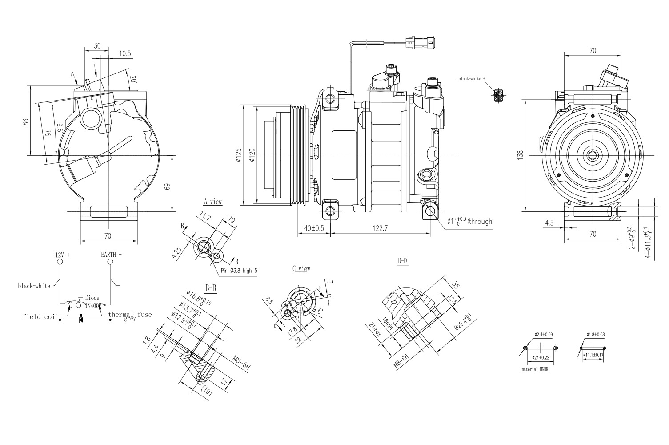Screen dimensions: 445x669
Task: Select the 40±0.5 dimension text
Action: click(x=314, y=228)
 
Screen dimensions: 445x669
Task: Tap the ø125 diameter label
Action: click(x=238, y=155)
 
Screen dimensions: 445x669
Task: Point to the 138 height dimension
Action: click(x=521, y=154)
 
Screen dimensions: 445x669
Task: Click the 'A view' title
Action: click(x=212, y=202)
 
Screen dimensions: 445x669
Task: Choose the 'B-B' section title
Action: click(x=211, y=288)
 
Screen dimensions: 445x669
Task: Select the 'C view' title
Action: click(x=301, y=269)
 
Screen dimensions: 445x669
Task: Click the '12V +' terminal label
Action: click(x=63, y=255)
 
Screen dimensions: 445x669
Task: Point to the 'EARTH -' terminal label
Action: click(x=111, y=255)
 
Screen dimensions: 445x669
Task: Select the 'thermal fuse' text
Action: click(x=130, y=314)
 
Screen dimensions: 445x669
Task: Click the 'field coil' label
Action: click(x=40, y=317)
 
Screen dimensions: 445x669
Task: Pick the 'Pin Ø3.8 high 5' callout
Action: click(x=238, y=271)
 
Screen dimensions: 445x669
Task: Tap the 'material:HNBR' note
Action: click(x=535, y=369)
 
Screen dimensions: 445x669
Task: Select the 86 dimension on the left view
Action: click(x=26, y=121)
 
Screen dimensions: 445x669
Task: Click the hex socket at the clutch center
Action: click(x=593, y=155)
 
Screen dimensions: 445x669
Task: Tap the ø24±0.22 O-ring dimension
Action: click(x=541, y=357)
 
